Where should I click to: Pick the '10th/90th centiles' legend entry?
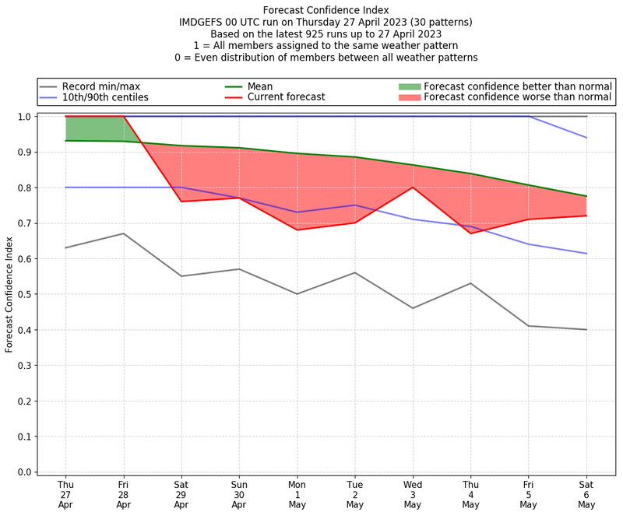(104, 97)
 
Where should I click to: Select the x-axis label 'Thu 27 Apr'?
(65, 494)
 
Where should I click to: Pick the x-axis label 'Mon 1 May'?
(297, 494)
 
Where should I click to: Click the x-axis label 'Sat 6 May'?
(586, 494)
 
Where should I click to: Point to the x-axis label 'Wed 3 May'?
(413, 494)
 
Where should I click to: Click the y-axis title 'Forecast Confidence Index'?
(10, 294)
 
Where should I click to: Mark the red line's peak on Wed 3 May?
(413, 188)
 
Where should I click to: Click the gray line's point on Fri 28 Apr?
(123, 233)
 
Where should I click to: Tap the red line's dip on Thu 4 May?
(470, 233)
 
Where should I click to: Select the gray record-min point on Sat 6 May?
(586, 330)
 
